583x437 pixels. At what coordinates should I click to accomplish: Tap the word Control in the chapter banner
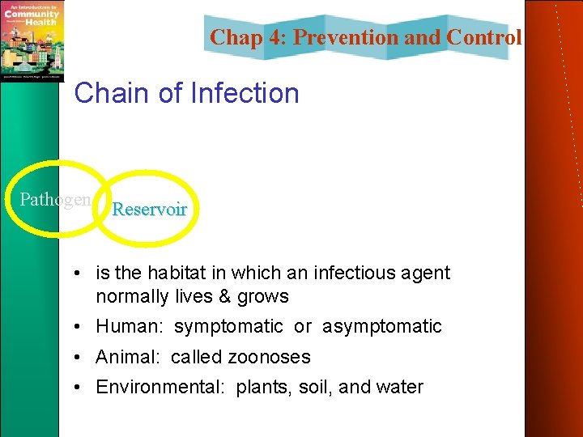click(x=483, y=37)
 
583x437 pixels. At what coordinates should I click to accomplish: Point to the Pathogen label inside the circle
click(x=55, y=199)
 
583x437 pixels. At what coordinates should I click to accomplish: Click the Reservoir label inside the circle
click(x=149, y=209)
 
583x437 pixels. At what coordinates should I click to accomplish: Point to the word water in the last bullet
click(x=400, y=387)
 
